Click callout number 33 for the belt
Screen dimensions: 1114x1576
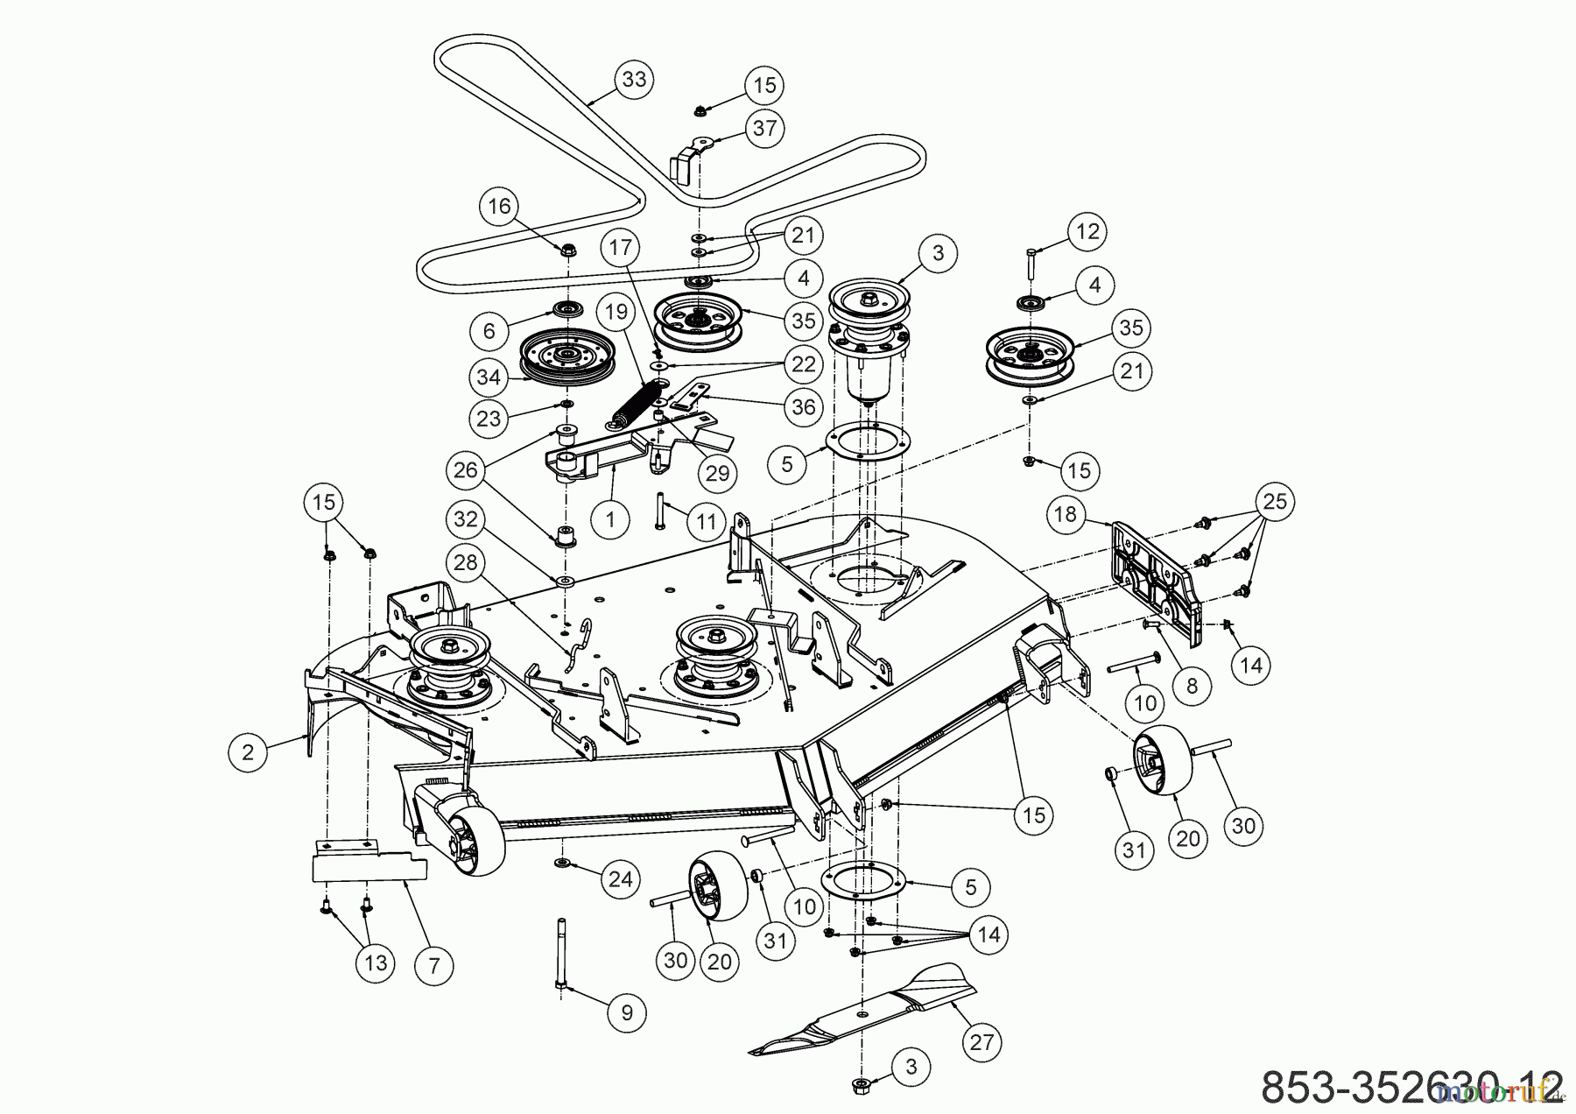click(634, 80)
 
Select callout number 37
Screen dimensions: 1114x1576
click(764, 128)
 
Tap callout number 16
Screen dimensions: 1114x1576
click(499, 207)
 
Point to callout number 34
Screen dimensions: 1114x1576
click(489, 377)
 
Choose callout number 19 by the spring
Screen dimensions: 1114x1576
click(616, 310)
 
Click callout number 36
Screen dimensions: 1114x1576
click(803, 406)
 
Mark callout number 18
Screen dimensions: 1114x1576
click(1066, 513)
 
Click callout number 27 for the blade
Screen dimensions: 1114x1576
click(981, 1042)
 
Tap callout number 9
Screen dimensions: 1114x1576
click(627, 1013)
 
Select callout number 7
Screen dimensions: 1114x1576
click(434, 966)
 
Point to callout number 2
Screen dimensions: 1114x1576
click(249, 752)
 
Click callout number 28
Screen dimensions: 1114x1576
click(466, 562)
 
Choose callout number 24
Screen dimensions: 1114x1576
click(620, 878)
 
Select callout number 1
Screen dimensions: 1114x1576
click(610, 519)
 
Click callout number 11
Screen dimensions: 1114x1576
click(707, 523)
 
